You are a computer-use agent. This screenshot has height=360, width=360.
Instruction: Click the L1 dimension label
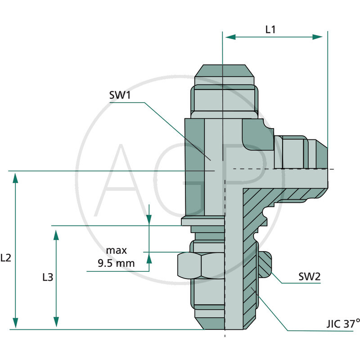coord(270,30)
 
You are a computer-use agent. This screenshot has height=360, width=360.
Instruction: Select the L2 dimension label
coord(6,258)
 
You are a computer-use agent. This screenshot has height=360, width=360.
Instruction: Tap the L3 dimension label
coord(47,277)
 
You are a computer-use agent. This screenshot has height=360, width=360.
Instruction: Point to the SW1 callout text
coord(119,95)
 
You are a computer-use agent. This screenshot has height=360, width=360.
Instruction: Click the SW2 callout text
coord(309,277)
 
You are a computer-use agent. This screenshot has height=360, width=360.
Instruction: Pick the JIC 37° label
coord(343,323)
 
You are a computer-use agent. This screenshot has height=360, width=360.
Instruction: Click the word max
coord(117,250)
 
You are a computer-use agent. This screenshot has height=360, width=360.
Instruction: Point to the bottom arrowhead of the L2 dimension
coord(16,323)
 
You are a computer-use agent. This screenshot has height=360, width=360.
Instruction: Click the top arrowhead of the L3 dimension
coord(56,235)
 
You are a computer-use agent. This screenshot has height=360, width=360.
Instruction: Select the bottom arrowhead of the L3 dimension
coord(56,323)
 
